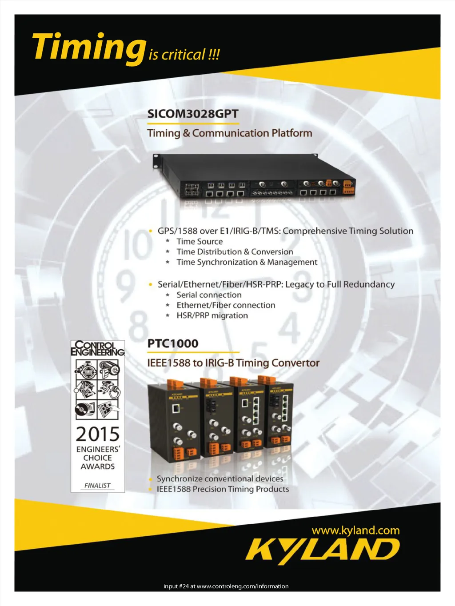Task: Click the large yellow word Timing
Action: (89, 48)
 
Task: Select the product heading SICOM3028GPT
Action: (193, 114)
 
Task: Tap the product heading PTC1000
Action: (173, 343)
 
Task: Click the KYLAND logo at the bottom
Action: (323, 552)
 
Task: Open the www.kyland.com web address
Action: (355, 530)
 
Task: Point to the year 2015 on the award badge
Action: (98, 434)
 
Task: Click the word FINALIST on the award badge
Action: (97, 485)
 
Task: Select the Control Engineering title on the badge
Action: (98, 348)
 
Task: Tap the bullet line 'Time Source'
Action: (200, 242)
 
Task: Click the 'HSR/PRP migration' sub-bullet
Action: (212, 315)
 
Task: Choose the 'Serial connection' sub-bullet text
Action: (209, 295)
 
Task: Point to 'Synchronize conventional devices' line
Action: (220, 479)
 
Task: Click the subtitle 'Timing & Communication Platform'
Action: (229, 133)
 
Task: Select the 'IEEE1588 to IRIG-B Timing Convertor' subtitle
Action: (233, 363)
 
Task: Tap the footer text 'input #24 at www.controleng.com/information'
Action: (226, 586)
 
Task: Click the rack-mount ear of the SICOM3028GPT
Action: (156, 161)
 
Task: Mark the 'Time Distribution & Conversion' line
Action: (235, 252)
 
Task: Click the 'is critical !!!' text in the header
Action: (184, 54)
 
